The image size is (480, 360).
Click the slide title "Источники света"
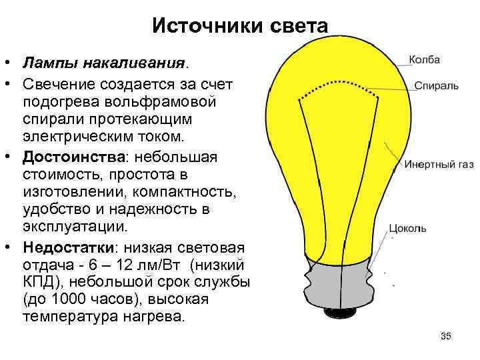tap(240, 26)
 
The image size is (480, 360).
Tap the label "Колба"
tap(424, 60)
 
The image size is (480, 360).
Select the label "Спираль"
tap(437, 87)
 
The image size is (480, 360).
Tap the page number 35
tap(446, 335)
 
